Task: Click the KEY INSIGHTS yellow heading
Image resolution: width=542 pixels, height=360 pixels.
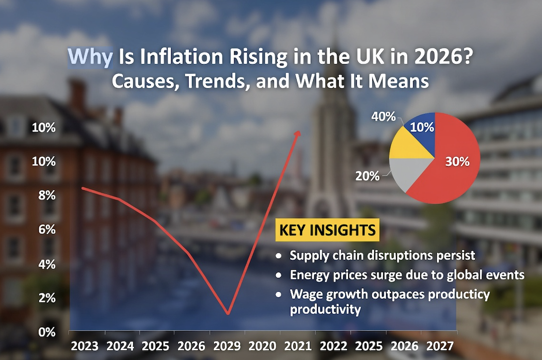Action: tap(327, 229)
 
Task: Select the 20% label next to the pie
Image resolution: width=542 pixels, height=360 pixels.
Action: tap(368, 176)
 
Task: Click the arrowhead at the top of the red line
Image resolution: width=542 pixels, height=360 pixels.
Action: tap(298, 133)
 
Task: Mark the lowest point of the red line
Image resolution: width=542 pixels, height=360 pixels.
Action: tap(227, 313)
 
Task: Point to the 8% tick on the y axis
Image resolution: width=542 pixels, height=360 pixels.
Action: tap(44, 196)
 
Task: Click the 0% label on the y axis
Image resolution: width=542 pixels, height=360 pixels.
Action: tap(44, 332)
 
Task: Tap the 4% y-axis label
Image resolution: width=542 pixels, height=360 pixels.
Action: tap(44, 264)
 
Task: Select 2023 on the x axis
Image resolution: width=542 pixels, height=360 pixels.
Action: tap(84, 346)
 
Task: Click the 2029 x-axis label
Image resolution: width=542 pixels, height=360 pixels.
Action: tap(227, 346)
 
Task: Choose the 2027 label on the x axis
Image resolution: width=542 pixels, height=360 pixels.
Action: tap(440, 346)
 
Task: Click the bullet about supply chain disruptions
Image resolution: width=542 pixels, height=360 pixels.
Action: tap(382, 256)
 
